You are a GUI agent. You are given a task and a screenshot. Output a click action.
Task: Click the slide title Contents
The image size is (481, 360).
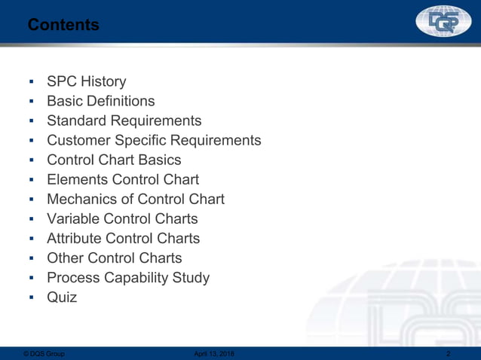click(63, 26)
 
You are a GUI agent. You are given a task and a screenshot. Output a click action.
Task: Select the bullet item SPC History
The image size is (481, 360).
click(86, 81)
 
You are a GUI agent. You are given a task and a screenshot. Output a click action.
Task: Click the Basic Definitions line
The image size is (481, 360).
click(100, 101)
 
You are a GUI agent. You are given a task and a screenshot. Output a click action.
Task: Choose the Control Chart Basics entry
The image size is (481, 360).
click(114, 160)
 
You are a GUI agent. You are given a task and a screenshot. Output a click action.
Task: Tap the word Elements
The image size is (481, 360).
click(77, 179)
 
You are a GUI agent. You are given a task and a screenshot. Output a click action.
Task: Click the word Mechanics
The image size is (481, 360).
click(81, 199)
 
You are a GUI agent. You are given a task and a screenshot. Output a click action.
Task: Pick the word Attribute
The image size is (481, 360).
click(74, 238)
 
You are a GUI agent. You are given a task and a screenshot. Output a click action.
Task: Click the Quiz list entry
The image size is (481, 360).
click(62, 297)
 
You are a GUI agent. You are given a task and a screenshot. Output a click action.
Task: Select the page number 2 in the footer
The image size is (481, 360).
click(449, 354)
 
